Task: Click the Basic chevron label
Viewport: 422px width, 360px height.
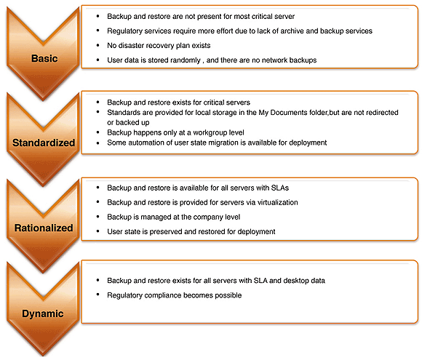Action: (44, 58)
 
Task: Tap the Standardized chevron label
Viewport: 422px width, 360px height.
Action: (44, 143)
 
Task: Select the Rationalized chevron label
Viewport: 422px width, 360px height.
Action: (44, 228)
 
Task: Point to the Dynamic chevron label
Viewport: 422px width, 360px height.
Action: (43, 313)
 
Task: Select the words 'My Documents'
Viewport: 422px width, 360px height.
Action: (283, 113)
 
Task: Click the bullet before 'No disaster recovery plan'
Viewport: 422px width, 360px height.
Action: (97, 45)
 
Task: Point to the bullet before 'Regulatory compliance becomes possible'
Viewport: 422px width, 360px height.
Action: (97, 295)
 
